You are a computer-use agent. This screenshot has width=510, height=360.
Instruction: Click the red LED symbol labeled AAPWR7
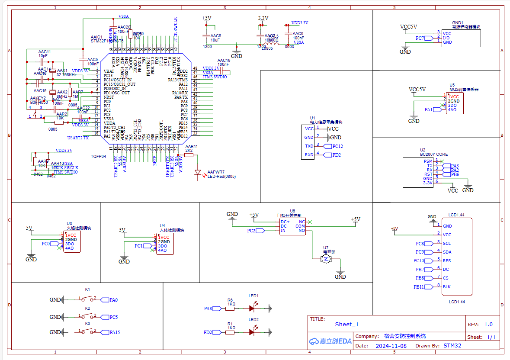pos(199,174)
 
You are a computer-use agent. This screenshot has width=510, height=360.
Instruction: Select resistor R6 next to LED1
pos(230,309)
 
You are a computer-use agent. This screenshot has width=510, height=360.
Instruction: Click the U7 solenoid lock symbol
pos(325,259)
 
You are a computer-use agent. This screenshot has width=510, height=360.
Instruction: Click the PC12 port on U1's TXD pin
pos(336,146)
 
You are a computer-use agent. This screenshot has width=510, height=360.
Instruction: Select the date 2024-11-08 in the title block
pos(391,346)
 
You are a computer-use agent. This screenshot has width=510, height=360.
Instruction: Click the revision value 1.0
pos(488,324)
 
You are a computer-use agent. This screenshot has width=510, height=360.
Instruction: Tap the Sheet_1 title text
pos(347,324)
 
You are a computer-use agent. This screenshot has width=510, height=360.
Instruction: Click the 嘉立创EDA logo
pos(330,341)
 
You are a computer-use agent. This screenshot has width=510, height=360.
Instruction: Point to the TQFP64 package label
pos(98,156)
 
